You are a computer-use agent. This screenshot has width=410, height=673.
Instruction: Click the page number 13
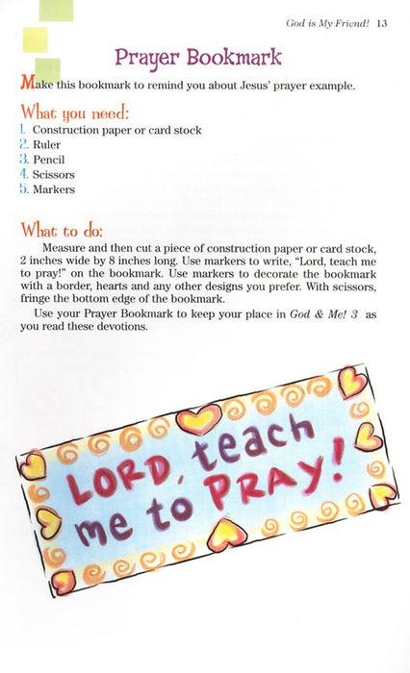(382, 23)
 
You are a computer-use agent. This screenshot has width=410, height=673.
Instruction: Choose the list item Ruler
(48, 144)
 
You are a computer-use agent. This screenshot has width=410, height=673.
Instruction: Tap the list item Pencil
(50, 160)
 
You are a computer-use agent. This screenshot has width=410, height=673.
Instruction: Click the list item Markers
(54, 190)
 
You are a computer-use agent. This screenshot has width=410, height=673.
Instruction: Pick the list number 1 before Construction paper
(22, 129)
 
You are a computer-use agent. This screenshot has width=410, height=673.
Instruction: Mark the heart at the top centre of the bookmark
(199, 416)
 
